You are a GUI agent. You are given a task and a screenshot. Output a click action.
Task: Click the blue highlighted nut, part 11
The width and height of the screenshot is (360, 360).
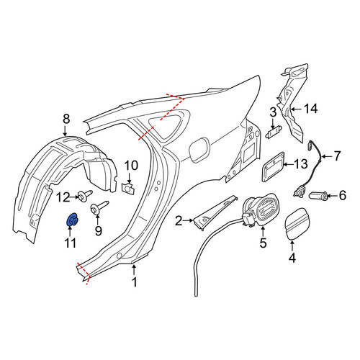(71, 220)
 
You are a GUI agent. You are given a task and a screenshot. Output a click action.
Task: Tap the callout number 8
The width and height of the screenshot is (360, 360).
(66, 119)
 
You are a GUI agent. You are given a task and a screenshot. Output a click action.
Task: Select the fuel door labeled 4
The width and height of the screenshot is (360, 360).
(297, 224)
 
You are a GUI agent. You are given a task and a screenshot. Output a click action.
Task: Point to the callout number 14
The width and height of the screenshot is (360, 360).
(310, 109)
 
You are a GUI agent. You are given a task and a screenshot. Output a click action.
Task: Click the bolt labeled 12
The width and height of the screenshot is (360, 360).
(86, 196)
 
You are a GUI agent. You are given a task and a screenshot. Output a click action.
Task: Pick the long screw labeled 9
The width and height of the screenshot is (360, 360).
(99, 207)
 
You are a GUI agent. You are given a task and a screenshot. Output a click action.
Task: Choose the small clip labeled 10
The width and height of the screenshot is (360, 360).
(128, 189)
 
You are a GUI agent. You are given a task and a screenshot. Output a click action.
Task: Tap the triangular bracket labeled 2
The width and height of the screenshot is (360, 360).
(215, 212)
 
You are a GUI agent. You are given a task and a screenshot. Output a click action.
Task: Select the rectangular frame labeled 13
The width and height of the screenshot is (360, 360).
(273, 166)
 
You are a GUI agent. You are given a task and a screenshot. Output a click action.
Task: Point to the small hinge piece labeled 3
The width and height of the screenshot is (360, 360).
(274, 132)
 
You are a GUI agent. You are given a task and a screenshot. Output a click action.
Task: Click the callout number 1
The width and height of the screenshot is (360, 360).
(135, 282)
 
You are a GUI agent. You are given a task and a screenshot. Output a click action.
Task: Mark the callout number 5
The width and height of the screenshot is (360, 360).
(263, 243)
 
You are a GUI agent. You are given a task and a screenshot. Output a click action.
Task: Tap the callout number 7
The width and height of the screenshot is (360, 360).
(337, 156)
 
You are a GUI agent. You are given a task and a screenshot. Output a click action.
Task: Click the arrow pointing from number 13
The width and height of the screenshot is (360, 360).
(289, 165)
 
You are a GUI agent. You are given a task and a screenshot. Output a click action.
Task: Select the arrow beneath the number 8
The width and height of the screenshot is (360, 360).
(66, 131)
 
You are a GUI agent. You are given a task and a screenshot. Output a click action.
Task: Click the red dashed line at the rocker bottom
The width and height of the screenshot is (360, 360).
(83, 274)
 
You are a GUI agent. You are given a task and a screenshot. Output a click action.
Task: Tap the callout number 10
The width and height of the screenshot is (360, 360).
(131, 166)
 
